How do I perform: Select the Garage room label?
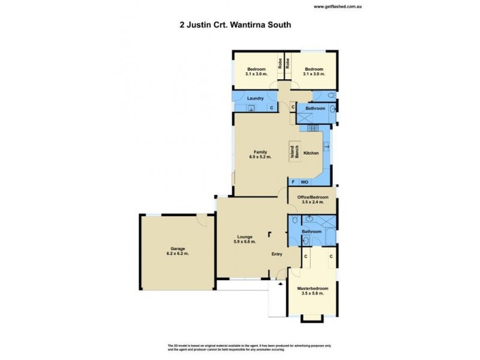click(x=177, y=248)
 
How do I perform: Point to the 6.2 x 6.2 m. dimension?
click(x=177, y=254)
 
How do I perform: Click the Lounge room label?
click(x=244, y=236)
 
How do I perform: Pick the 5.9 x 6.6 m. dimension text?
click(x=244, y=242)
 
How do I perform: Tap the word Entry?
click(x=277, y=253)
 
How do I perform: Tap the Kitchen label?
click(x=311, y=154)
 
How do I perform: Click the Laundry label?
click(x=256, y=97)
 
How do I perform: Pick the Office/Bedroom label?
click(x=312, y=197)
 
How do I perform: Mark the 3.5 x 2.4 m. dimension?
click(x=312, y=202)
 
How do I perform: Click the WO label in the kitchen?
click(x=304, y=181)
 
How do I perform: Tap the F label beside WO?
click(x=293, y=181)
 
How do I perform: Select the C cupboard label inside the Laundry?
click(x=271, y=108)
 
